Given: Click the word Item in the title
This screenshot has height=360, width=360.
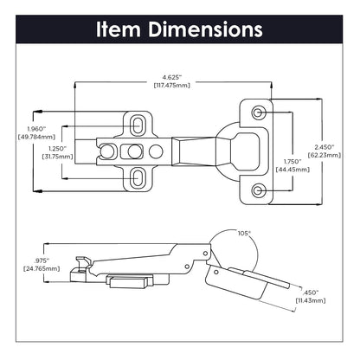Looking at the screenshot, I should (x=120, y=29).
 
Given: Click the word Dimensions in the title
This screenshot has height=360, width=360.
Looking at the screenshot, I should (x=205, y=29).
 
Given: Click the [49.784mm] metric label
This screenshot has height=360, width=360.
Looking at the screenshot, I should (x=19, y=139).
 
